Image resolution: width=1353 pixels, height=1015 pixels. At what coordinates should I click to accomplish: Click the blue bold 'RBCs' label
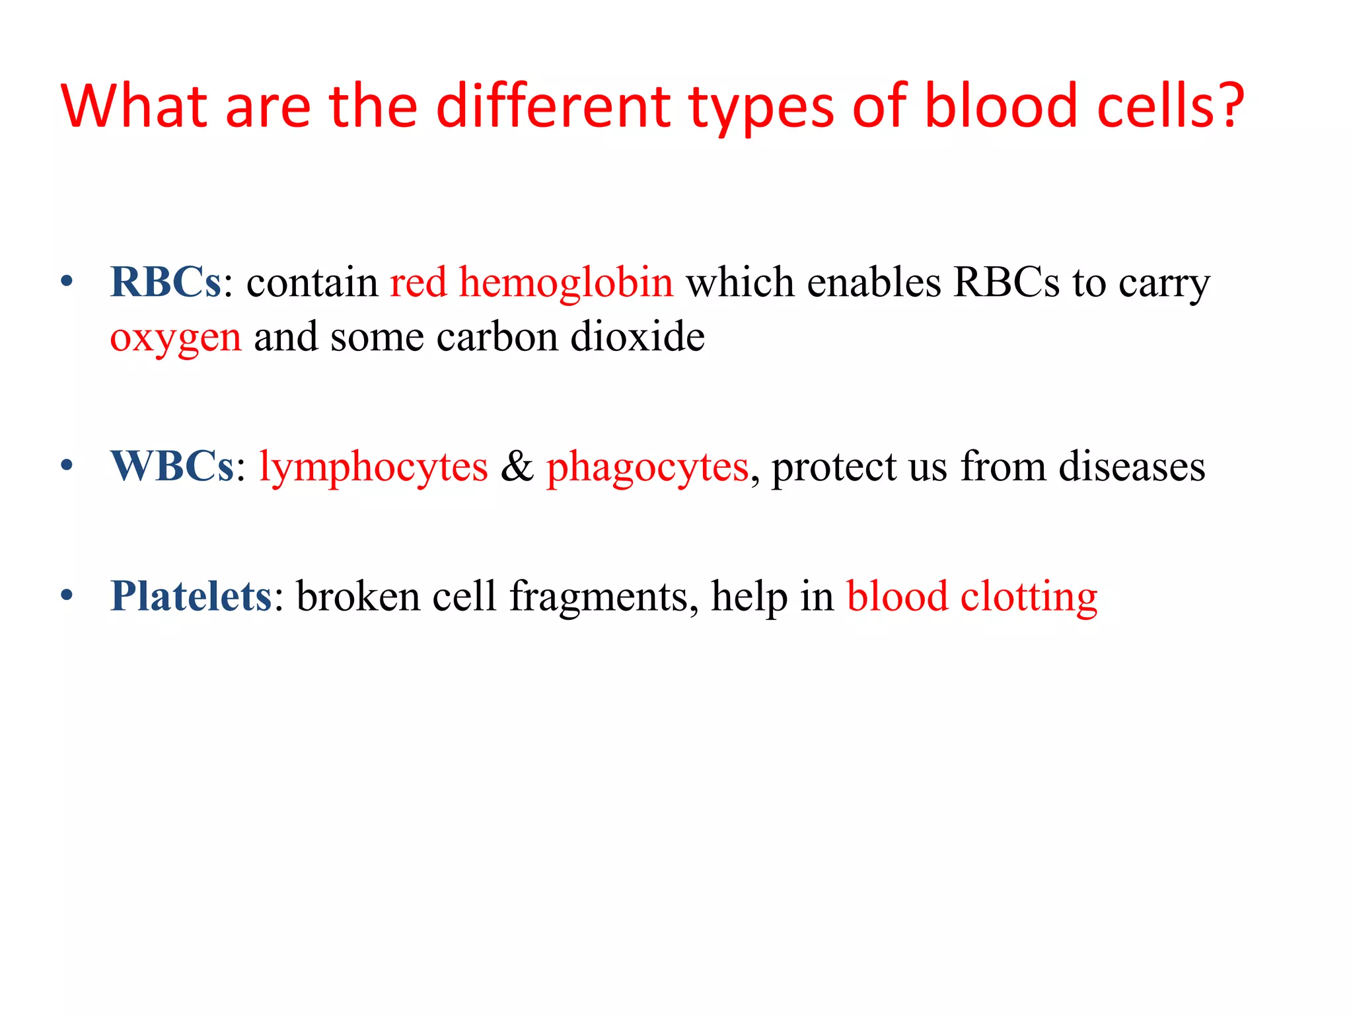(165, 282)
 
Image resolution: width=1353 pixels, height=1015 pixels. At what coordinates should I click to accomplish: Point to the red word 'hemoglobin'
(566, 282)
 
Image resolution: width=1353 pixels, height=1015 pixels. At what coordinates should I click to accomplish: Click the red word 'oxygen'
(175, 338)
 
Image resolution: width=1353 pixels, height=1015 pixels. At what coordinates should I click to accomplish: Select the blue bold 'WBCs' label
(172, 467)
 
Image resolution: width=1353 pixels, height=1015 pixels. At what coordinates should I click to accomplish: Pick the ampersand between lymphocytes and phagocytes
(517, 467)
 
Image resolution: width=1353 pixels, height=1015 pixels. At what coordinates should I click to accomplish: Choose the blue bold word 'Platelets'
(190, 596)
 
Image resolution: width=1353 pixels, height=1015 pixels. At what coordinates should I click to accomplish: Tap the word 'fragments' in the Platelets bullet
(603, 597)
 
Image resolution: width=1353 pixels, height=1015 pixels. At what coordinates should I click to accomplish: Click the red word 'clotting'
(1029, 597)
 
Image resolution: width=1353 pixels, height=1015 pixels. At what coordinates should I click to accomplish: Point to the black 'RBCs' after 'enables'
(1006, 282)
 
